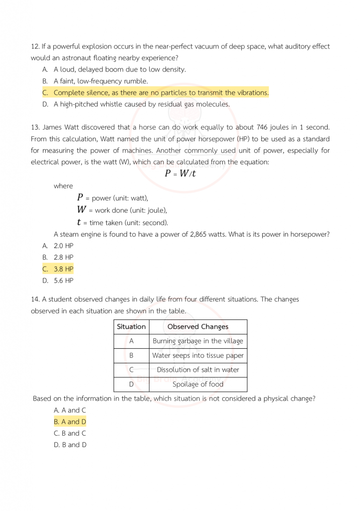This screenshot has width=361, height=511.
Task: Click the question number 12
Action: point(35,46)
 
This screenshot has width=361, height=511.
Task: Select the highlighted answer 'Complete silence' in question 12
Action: point(161,93)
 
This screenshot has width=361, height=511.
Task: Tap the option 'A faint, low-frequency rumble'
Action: point(101,81)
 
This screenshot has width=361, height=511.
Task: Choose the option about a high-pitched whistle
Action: point(142,104)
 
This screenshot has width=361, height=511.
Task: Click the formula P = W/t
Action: point(180,173)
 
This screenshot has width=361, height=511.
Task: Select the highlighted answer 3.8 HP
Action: point(63,269)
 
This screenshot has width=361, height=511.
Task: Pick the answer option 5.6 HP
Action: point(63,280)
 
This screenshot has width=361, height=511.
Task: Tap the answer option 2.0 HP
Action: point(63,246)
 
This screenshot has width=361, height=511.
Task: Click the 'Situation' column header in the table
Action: point(131,327)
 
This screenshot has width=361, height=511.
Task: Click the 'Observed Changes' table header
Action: point(198,327)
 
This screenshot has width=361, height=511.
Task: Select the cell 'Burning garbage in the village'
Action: point(198,341)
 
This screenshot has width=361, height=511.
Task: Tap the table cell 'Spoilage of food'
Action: point(198,384)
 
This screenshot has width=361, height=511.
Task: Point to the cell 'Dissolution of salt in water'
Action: point(198,370)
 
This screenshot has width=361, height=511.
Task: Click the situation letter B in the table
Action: point(131,356)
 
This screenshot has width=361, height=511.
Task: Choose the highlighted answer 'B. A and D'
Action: point(70,422)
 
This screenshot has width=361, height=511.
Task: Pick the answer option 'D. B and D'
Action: point(70,445)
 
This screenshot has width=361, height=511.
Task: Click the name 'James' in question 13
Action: point(52,127)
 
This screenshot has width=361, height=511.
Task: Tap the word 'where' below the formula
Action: point(63,186)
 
